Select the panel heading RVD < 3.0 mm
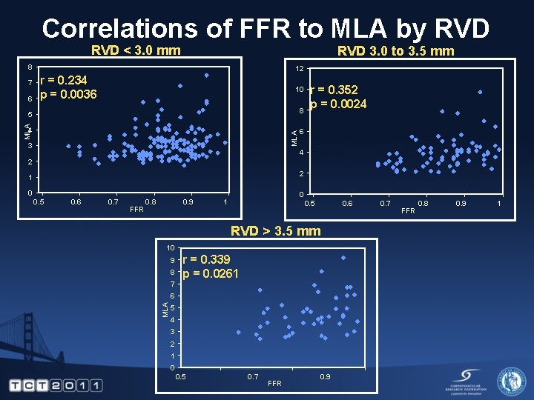pos(135,50)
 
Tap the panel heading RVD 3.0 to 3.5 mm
pos(395,51)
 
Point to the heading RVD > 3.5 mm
pos(275,230)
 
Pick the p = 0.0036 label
pos(68,94)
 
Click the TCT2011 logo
pos(56,385)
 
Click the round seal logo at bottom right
pos(511,381)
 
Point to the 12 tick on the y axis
pos(299,69)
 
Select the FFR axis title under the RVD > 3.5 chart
pos(274,383)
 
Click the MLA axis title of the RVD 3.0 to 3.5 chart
pos(294,137)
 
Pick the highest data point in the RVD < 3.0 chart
pos(207,75)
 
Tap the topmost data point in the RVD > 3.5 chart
pos(343,258)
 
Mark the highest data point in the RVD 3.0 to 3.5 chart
pos(481,92)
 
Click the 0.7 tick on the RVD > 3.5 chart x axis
pos(253,377)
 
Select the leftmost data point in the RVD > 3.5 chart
pos(238,333)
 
